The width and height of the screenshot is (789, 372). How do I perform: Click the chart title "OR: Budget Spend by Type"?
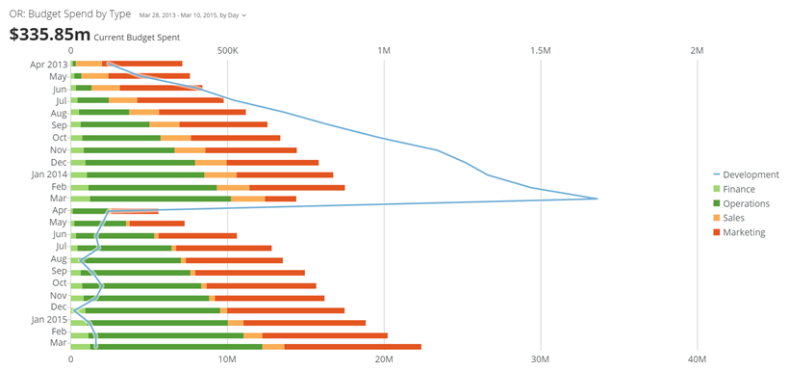[70, 14]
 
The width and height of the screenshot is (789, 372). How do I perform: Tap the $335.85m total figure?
[50, 35]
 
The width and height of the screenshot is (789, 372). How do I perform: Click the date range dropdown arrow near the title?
[244, 15]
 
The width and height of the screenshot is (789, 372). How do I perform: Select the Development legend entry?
[747, 174]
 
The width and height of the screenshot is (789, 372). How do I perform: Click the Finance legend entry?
[734, 190]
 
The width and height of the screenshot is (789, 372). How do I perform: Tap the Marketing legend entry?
[739, 233]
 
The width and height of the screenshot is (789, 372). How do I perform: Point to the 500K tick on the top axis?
[227, 51]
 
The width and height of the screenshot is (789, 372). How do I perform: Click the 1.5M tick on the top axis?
[541, 51]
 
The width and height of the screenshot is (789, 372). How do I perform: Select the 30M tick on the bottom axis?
[541, 359]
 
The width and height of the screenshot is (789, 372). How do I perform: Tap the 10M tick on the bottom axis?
[227, 359]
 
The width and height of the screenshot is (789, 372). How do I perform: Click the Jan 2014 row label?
[49, 174]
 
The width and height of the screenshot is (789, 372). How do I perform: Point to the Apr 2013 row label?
[49, 64]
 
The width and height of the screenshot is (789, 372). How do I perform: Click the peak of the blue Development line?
[598, 199]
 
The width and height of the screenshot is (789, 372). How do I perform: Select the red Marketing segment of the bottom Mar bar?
[353, 347]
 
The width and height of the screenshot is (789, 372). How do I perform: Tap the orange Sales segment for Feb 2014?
[233, 188]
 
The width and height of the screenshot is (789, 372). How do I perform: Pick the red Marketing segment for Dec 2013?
[272, 162]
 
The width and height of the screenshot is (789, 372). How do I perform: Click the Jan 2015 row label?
[49, 320]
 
